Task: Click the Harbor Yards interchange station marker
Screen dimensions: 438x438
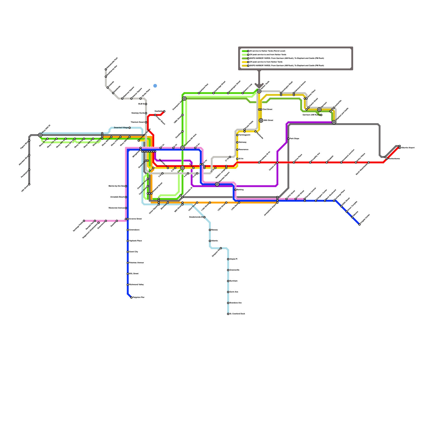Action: [259, 91]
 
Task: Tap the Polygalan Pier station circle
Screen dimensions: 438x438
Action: [131, 297]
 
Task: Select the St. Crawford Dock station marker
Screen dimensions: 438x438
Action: [228, 314]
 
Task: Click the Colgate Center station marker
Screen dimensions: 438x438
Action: [359, 224]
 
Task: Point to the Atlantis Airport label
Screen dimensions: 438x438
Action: [408, 148]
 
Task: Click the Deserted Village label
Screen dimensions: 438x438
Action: [121, 128]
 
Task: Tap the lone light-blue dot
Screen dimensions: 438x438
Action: [155, 86]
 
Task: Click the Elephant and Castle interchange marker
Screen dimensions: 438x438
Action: [334, 122]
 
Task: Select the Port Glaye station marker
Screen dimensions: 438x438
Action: [288, 139]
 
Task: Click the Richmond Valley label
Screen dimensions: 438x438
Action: [136, 285]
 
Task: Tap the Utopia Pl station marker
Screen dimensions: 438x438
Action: [228, 259]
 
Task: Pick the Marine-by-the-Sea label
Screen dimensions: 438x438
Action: [117, 186]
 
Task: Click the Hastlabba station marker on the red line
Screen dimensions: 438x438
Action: [164, 111]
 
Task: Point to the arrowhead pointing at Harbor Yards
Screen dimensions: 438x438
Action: [259, 85]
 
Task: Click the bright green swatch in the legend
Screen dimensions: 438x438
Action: [245, 51]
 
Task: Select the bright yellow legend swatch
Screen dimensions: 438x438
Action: [245, 62]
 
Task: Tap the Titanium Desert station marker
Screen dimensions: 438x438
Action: [146, 122]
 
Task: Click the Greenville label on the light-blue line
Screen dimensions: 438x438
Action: [234, 270]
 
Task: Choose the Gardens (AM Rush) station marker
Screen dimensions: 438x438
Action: [321, 115]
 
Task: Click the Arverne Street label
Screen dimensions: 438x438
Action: [135, 219]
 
